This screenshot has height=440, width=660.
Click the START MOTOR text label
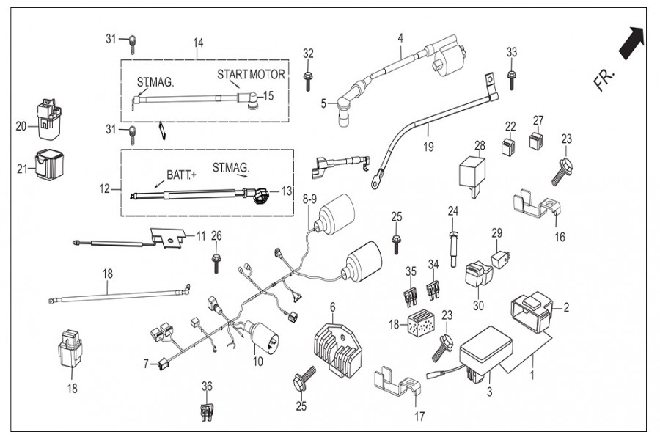(251, 75)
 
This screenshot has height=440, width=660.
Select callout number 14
(198, 43)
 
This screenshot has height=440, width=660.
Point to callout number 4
(400, 37)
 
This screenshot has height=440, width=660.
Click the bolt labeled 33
(512, 75)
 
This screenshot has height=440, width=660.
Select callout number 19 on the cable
(428, 147)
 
